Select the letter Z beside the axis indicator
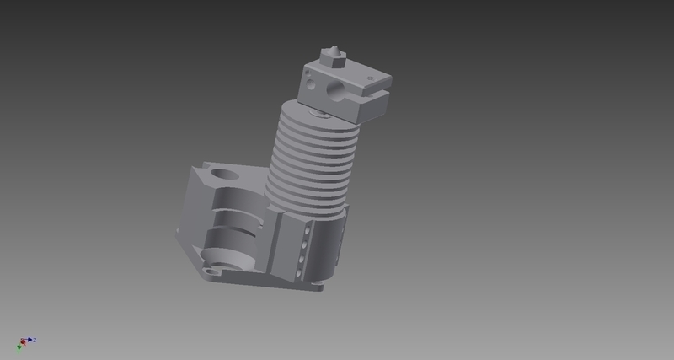click(35, 340)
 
